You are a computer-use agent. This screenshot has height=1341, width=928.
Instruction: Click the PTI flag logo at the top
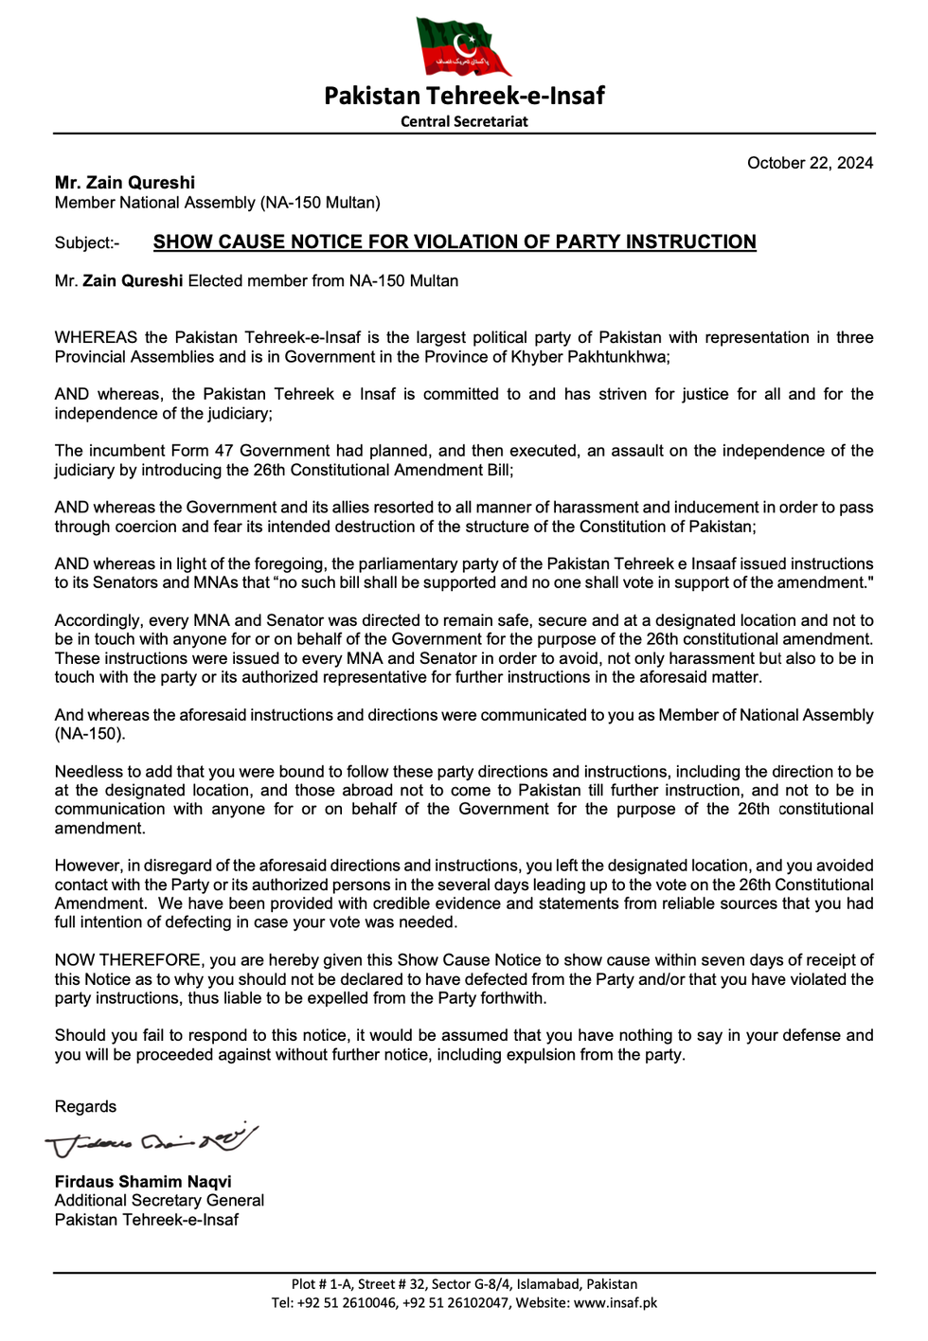click(463, 45)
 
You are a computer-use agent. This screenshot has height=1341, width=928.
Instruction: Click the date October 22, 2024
click(810, 163)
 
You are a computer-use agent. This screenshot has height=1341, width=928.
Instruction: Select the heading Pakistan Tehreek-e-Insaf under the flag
click(464, 96)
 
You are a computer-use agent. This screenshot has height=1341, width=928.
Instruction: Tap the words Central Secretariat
click(464, 121)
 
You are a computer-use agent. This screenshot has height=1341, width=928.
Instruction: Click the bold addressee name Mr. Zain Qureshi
click(125, 183)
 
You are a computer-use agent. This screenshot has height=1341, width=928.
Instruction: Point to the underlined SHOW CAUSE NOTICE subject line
click(455, 242)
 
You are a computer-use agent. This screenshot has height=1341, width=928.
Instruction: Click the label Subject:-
click(87, 243)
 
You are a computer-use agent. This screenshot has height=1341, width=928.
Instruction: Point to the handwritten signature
click(152, 1140)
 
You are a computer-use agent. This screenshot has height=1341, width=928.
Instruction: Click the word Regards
click(85, 1107)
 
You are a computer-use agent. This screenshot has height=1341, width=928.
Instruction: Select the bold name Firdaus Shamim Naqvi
click(143, 1182)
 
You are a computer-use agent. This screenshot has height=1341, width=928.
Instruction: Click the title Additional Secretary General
click(159, 1201)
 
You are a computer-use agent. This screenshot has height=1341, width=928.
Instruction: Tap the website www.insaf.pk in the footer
click(616, 1303)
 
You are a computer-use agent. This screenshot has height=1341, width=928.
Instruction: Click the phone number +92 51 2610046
click(348, 1303)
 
